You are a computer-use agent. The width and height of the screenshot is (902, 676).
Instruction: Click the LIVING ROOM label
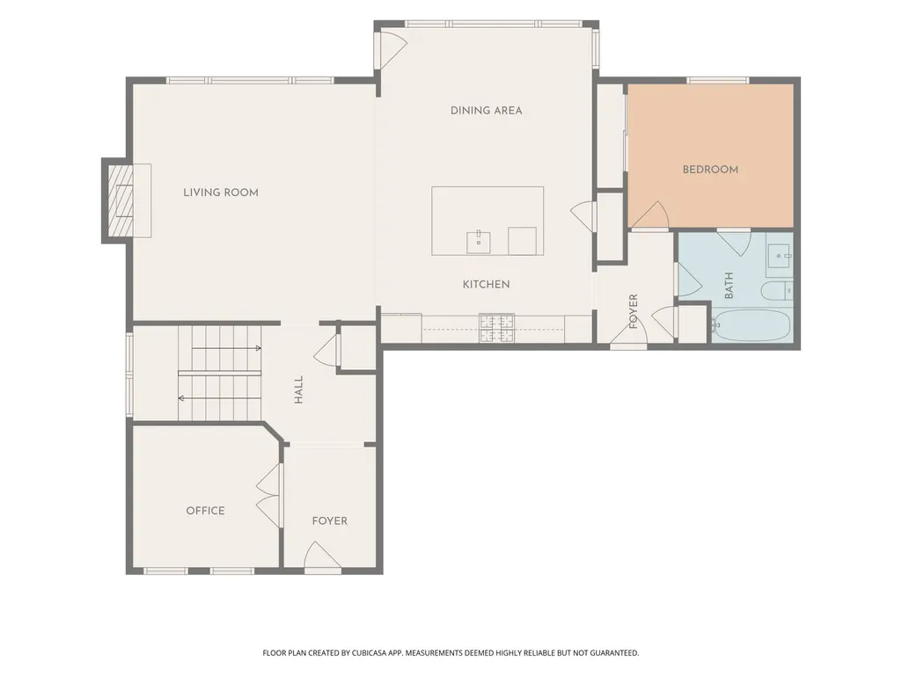click(x=221, y=193)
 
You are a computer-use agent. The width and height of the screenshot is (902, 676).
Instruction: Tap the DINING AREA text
click(x=486, y=111)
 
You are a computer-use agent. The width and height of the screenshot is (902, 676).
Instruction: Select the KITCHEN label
click(x=486, y=284)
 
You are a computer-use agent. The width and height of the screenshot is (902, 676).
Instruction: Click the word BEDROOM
click(x=710, y=170)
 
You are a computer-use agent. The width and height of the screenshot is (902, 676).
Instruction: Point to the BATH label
click(x=729, y=286)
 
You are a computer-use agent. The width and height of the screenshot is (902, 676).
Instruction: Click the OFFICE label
click(x=205, y=511)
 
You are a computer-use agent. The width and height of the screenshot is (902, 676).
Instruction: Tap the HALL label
click(x=298, y=389)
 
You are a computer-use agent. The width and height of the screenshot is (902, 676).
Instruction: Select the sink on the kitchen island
click(x=478, y=242)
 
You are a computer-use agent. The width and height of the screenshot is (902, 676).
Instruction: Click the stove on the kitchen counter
click(x=497, y=328)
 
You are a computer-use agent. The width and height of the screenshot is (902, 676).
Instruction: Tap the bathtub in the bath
click(x=752, y=326)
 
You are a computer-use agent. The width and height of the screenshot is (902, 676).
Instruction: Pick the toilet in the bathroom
click(x=777, y=290)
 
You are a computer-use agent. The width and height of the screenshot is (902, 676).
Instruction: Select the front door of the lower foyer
click(x=322, y=557)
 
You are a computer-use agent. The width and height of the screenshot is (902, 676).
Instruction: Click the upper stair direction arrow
click(x=226, y=348)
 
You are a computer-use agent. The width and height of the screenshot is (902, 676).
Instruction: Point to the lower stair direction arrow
click(x=220, y=398)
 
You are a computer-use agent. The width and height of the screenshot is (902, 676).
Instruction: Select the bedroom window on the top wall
click(x=718, y=80)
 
